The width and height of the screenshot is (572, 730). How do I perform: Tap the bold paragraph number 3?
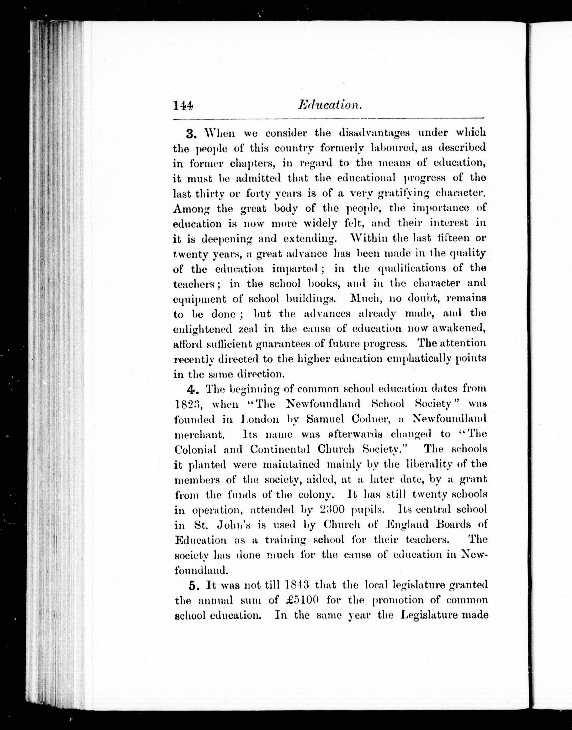(192, 134)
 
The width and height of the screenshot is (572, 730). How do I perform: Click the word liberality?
(425, 464)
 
